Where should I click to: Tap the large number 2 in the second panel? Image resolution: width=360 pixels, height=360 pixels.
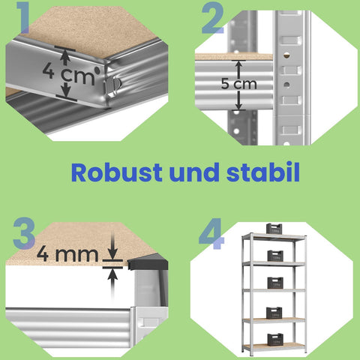point(212,19)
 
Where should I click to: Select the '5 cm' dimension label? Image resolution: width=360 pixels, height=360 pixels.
point(238,83)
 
